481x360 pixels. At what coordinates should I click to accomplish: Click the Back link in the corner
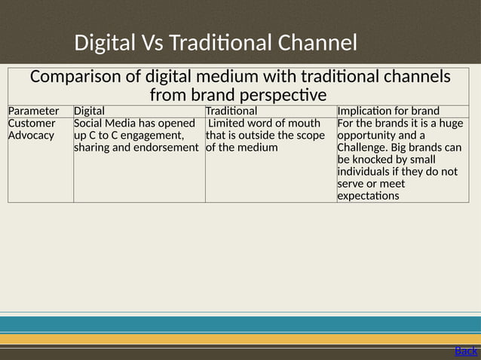pos(466,351)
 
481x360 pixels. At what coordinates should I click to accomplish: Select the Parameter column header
pos(33,111)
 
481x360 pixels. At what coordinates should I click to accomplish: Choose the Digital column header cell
pos(89,111)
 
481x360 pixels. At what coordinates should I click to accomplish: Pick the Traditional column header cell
pos(231,111)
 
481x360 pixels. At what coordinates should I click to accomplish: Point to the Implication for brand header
pos(388,111)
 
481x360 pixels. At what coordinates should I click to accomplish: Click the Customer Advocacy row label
pos(32,129)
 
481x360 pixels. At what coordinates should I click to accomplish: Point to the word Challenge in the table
pos(365,148)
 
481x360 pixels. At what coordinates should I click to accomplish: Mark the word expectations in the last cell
pos(370,196)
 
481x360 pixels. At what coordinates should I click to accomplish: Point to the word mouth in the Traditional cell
pos(305,123)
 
